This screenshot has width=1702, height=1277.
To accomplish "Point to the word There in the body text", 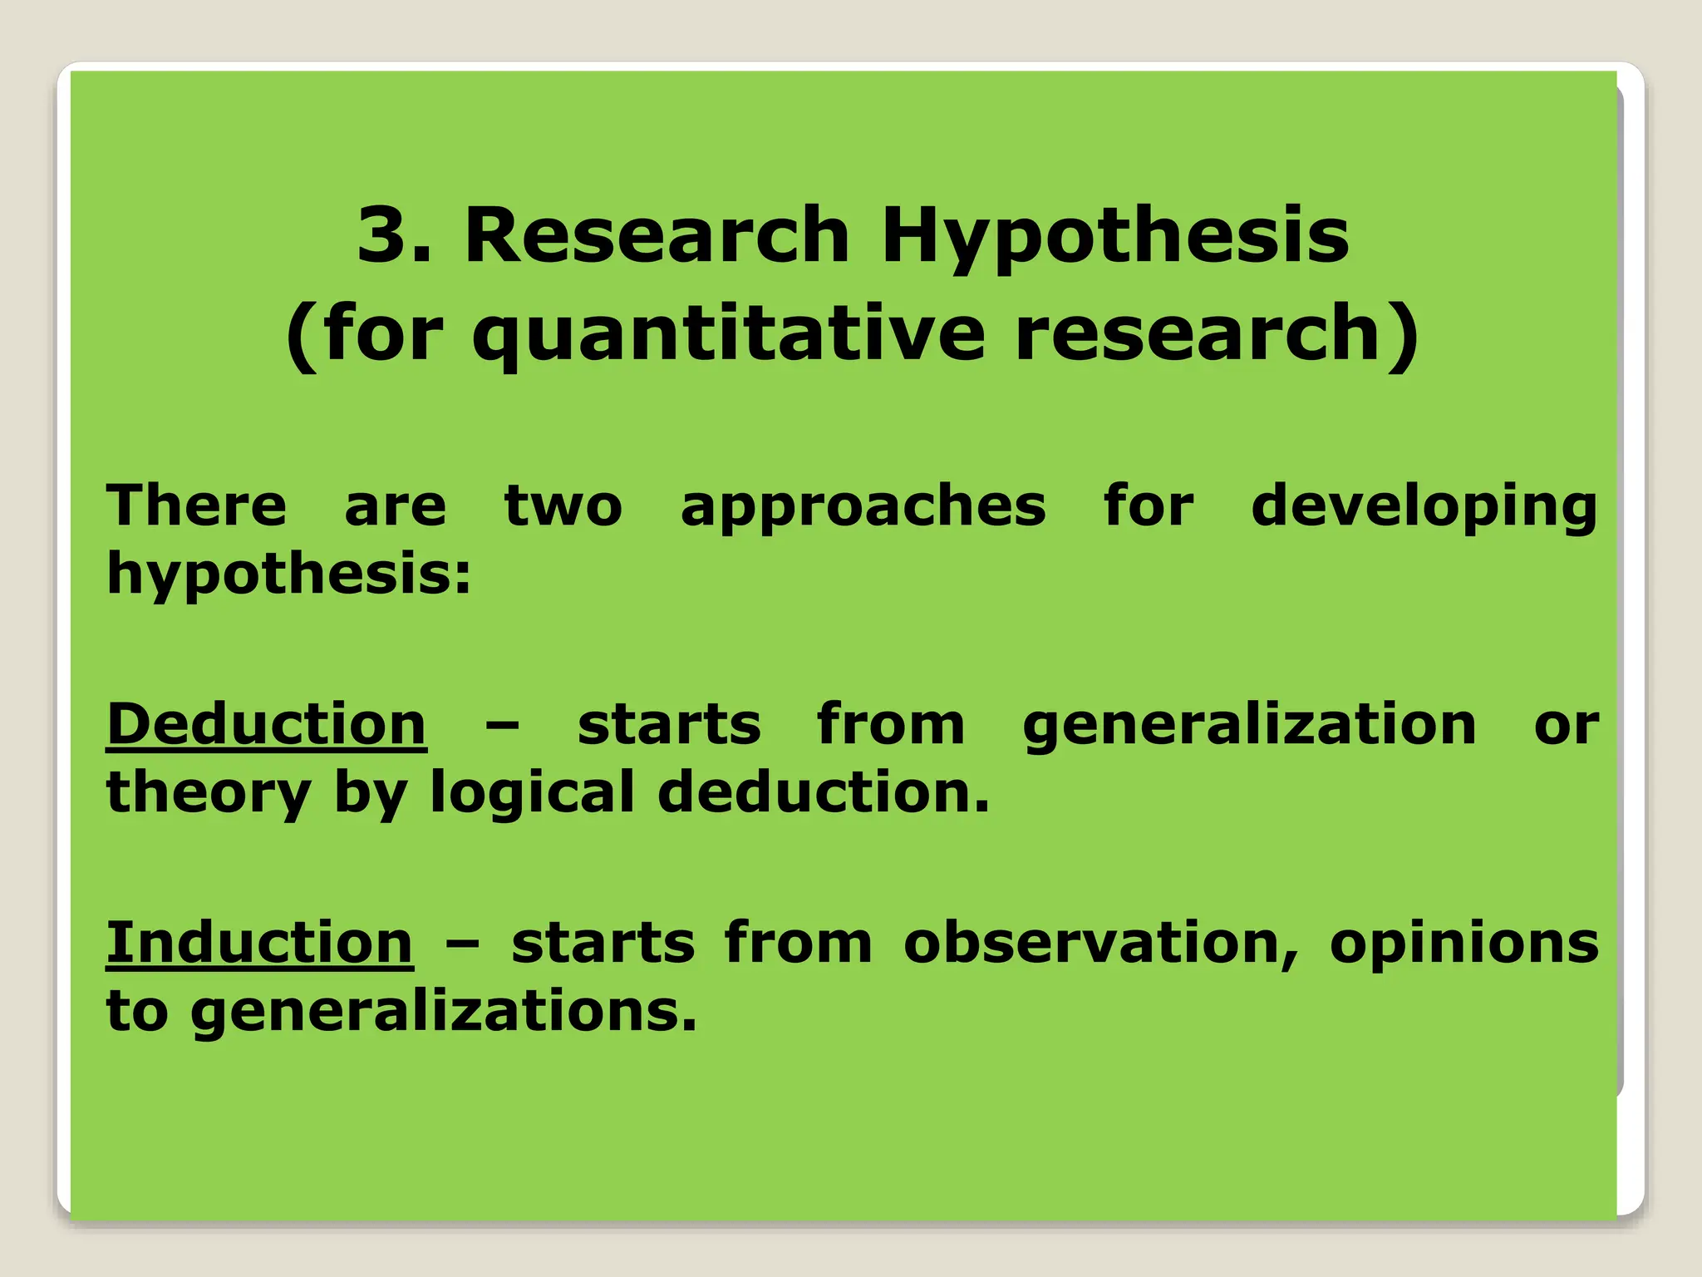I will pos(196,505).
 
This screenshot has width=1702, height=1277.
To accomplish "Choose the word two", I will pos(563,505).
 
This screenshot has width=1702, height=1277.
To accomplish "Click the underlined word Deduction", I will pos(266,724).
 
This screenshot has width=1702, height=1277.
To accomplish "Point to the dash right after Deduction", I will pos(502,726).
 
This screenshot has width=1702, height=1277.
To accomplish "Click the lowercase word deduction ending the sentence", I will pos(823,791).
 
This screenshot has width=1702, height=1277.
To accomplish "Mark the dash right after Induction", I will pos(462,944).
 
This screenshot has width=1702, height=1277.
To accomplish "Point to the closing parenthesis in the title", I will pos(1404,335).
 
